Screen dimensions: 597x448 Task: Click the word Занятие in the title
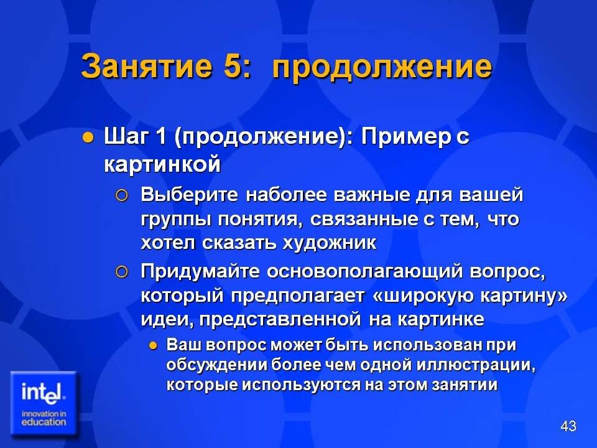click(146, 65)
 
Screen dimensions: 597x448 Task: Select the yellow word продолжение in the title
click(382, 68)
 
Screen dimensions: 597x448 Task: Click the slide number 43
click(568, 426)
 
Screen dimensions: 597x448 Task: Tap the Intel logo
click(44, 404)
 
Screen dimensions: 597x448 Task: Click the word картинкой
click(162, 165)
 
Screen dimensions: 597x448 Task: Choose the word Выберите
click(189, 194)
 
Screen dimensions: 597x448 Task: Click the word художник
click(330, 243)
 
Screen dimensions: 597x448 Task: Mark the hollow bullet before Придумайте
click(121, 272)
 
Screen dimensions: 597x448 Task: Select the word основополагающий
click(365, 272)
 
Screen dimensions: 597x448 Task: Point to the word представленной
click(280, 320)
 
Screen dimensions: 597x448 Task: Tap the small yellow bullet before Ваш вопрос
click(153, 346)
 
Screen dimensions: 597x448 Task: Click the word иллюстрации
click(476, 365)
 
